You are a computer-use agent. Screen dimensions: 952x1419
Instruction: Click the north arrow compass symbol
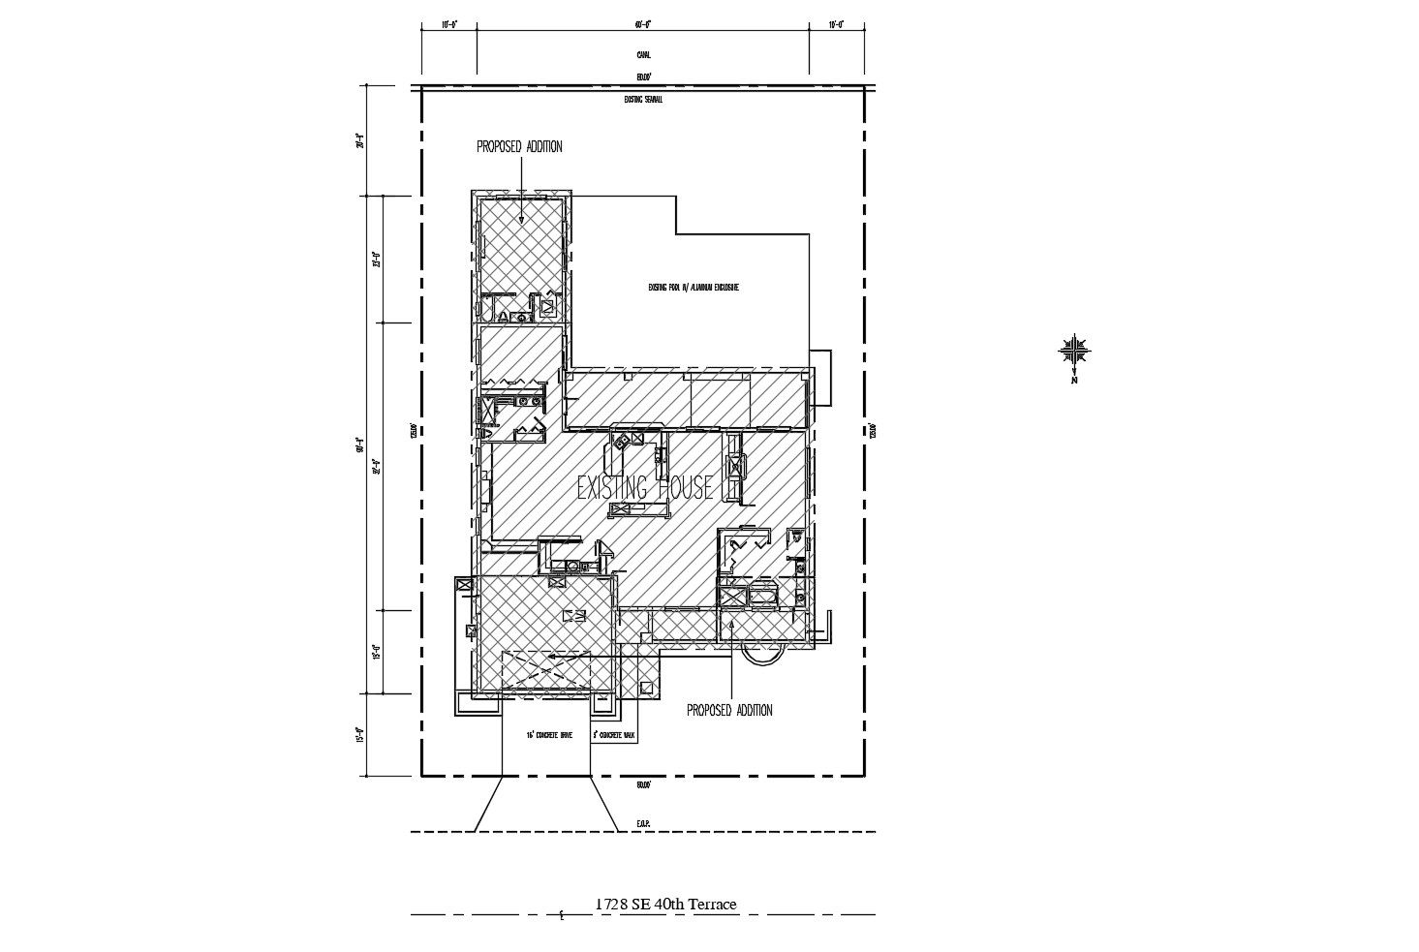coord(1075,351)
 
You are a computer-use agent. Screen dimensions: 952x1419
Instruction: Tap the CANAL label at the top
coord(643,55)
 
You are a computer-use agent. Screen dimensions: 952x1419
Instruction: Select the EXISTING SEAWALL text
coord(643,99)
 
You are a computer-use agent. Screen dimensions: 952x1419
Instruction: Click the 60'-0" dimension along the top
coord(643,24)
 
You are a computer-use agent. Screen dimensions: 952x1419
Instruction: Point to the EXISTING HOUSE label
coord(645,487)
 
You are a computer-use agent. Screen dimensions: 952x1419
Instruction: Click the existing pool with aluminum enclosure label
coord(694,288)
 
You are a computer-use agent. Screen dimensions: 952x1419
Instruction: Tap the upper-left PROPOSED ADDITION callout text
coord(519,147)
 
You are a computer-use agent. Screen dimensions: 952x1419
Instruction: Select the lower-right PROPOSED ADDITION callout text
coord(729,711)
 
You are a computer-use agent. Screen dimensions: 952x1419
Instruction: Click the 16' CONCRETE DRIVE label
coord(549,736)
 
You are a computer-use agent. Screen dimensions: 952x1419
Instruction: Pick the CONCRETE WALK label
coord(614,736)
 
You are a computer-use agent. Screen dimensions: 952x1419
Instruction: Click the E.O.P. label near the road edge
coord(643,823)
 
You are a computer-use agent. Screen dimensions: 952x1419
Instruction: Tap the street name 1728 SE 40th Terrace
coord(665,905)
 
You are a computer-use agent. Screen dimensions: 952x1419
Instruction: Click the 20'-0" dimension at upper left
coord(359,141)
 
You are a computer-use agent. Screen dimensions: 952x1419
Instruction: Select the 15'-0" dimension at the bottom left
coord(359,735)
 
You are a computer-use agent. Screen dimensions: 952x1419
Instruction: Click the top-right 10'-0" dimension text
coord(837,24)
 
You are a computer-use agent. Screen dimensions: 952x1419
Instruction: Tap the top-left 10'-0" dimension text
coord(448,24)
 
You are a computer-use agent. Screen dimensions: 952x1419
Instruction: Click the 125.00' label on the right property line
coord(874,430)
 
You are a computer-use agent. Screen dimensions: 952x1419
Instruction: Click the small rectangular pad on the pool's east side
coord(820,377)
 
